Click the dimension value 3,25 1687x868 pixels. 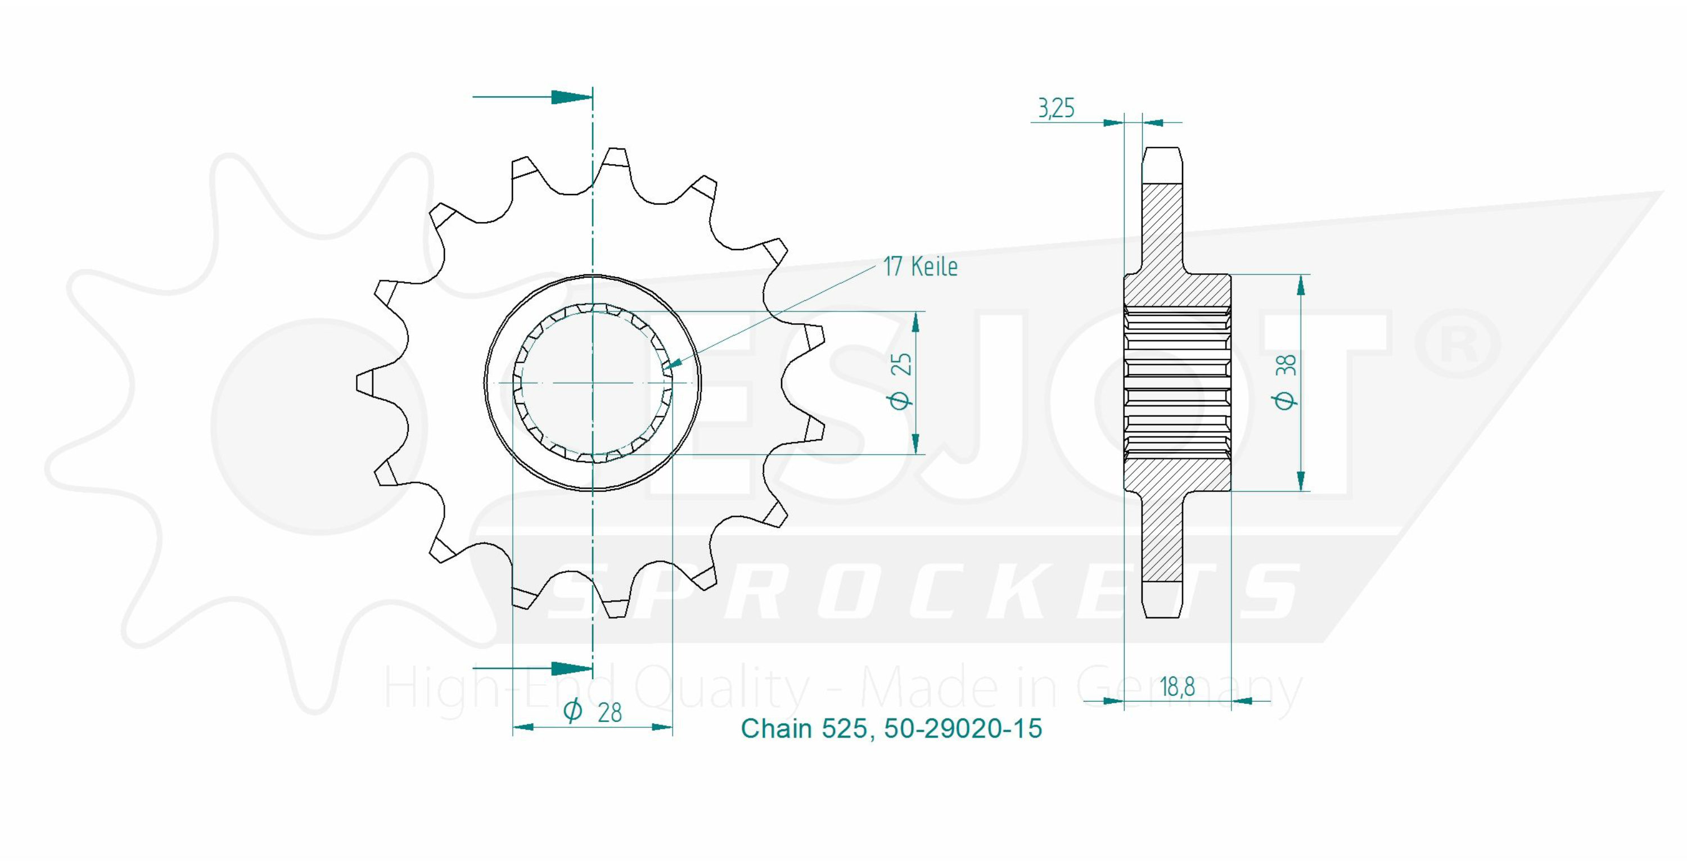tap(1055, 108)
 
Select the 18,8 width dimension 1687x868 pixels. tap(1177, 686)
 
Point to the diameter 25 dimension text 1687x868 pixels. tap(902, 382)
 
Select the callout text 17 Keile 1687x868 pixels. tap(920, 266)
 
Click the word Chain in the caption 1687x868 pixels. tap(777, 729)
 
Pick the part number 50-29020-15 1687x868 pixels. tap(963, 729)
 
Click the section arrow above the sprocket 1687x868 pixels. tap(533, 97)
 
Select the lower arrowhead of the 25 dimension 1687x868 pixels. tap(916, 442)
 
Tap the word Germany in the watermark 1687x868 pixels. tap(1189, 688)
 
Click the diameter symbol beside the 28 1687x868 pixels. tap(573, 711)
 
